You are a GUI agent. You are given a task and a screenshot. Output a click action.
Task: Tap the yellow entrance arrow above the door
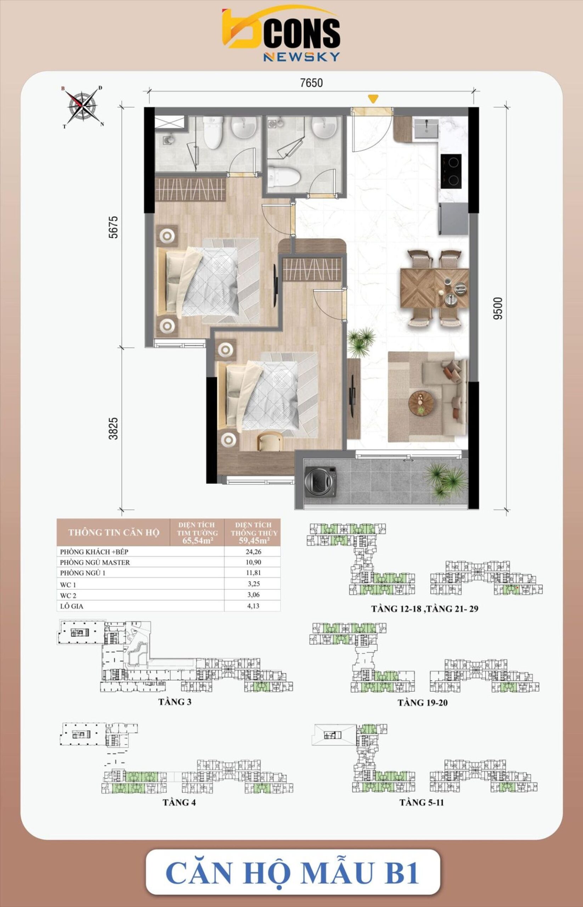(x=373, y=99)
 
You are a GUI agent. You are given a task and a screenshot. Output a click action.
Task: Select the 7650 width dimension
(x=311, y=83)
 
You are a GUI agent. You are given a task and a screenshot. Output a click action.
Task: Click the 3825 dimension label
(x=113, y=428)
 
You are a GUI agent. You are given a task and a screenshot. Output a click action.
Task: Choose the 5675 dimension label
(x=113, y=227)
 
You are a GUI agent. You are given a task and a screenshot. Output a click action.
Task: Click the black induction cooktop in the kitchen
(x=451, y=171)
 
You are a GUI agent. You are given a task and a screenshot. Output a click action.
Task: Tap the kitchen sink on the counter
(x=426, y=128)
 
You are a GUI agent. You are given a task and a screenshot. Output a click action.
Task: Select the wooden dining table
(x=434, y=288)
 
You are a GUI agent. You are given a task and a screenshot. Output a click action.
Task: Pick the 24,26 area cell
(x=253, y=551)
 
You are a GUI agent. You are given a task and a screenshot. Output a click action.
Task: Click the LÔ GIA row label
(x=72, y=606)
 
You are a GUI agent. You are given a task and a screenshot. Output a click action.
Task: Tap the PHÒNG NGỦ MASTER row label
(x=95, y=562)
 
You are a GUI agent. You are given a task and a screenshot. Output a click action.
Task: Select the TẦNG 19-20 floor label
(x=422, y=703)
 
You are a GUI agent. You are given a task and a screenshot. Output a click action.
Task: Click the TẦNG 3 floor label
(x=175, y=702)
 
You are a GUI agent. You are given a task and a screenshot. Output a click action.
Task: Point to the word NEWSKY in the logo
(x=301, y=57)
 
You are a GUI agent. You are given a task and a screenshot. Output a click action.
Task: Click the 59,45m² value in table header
(x=254, y=540)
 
